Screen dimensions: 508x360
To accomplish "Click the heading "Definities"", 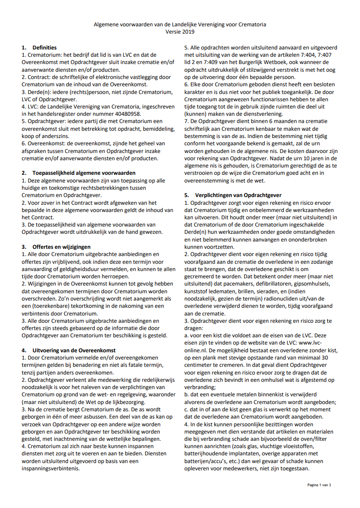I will click(44, 47).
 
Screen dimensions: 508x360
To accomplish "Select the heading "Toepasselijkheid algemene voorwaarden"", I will click(84, 173).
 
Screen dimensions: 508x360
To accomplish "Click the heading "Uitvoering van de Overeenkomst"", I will click(74, 350).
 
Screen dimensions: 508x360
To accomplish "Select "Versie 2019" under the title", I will click(180, 32).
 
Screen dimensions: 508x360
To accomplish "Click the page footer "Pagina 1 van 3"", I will click(319, 485).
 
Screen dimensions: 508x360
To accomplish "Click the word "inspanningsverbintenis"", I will click(52, 469).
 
